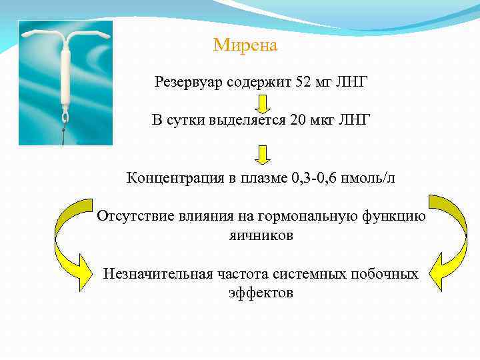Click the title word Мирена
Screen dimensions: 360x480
tap(245, 46)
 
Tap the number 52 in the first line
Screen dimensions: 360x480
tap(303, 83)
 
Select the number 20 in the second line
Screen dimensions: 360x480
tap(298, 120)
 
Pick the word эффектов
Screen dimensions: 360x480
tap(261, 293)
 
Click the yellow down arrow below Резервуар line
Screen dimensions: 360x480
tap(262, 103)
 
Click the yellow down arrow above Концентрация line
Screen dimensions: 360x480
tap(262, 155)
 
